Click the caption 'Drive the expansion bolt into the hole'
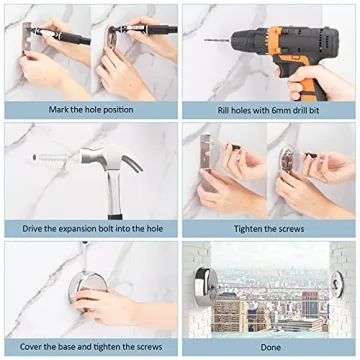point(89,229)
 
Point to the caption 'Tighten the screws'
point(269,229)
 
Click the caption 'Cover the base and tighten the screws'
point(89,345)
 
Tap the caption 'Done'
point(269,345)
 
